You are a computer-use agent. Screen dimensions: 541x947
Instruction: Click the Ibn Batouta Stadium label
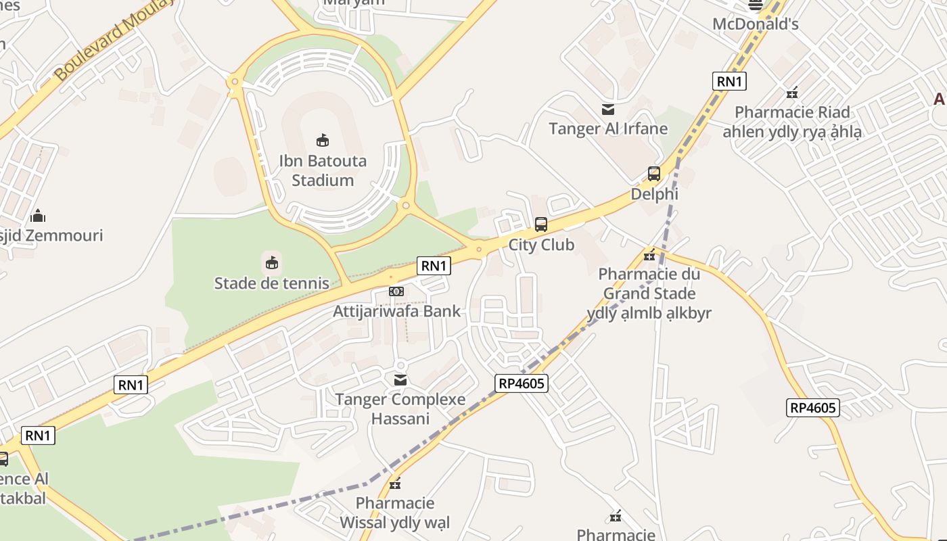tap(323, 170)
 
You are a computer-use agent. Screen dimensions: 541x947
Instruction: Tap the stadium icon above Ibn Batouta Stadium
tap(323, 140)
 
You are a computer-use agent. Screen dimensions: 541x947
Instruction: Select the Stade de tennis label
tap(271, 283)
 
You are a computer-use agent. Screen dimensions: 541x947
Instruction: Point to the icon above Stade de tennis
tap(271, 262)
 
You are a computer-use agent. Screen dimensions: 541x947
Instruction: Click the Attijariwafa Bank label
tap(396, 311)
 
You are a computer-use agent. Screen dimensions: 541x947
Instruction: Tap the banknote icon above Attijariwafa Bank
tap(396, 291)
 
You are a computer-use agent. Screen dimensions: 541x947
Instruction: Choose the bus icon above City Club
tap(540, 225)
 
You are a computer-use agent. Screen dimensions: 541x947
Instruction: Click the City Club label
tap(540, 245)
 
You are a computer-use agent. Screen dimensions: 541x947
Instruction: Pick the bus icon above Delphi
tap(653, 174)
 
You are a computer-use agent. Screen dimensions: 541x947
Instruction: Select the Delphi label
tap(653, 194)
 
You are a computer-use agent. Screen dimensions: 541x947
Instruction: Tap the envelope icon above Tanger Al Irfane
tap(607, 109)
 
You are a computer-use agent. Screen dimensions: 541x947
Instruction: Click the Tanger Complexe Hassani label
tap(400, 408)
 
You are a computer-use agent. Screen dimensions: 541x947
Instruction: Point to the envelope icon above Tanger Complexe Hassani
tap(400, 380)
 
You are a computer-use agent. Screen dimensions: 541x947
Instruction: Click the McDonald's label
tap(755, 24)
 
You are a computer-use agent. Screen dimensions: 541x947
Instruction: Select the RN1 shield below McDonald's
tap(729, 82)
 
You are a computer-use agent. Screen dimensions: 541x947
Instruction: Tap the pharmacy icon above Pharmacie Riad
tap(791, 93)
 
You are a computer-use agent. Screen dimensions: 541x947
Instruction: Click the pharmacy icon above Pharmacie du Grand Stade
tap(649, 255)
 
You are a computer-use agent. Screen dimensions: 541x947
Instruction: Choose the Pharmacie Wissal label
tap(394, 513)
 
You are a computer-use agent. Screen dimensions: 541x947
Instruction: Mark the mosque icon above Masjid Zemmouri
tap(38, 216)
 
